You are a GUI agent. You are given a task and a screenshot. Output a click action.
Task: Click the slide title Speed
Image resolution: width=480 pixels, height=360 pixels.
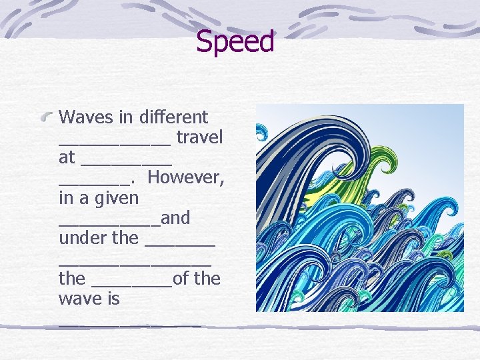[235, 42]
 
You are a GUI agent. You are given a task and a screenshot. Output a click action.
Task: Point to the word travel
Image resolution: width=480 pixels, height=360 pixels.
[199, 137]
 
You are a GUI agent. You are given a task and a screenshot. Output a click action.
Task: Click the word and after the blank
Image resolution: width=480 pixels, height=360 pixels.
[175, 218]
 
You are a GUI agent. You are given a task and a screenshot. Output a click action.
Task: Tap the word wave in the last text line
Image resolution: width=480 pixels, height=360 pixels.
[79, 298]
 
